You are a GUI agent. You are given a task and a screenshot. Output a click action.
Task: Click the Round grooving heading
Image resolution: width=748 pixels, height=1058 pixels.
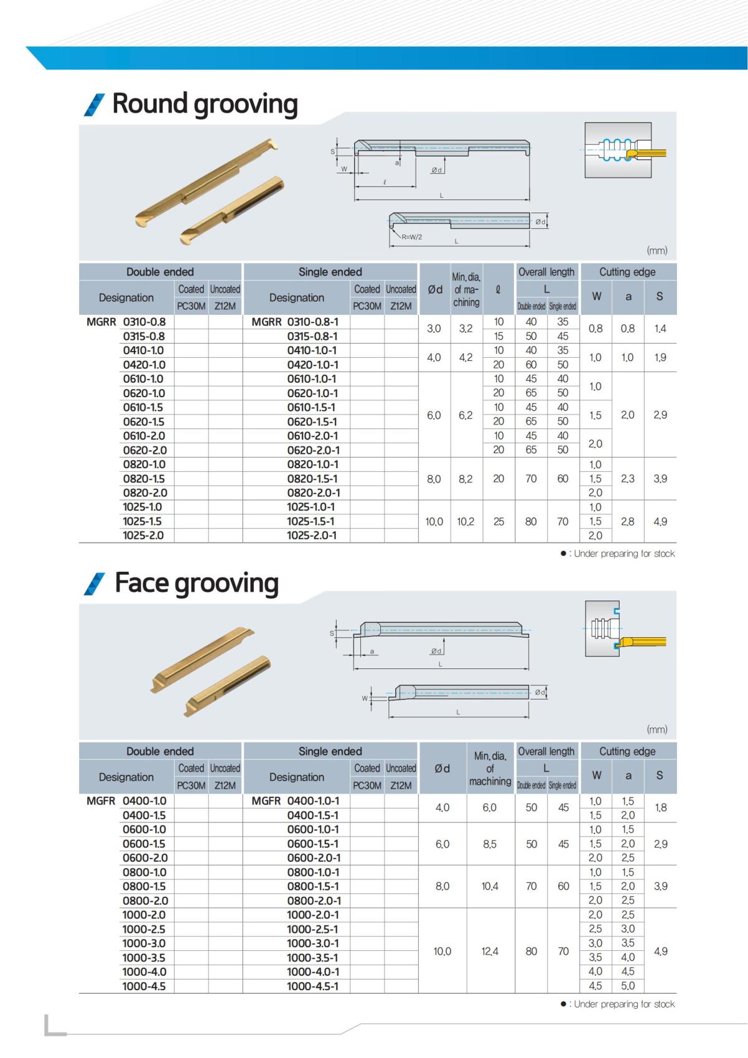pos(204,104)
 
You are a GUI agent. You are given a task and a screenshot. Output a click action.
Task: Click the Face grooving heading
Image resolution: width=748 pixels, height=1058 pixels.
pos(196,584)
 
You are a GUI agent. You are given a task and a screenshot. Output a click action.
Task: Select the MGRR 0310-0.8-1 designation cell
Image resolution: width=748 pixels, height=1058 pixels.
pos(295,322)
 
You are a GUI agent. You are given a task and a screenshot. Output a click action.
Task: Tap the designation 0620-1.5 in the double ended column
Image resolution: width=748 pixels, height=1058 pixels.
pos(143,421)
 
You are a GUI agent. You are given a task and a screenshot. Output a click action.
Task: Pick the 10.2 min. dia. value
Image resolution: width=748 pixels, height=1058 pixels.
pos(466,521)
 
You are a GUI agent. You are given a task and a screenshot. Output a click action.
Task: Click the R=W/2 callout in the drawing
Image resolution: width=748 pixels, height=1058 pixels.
pos(411,237)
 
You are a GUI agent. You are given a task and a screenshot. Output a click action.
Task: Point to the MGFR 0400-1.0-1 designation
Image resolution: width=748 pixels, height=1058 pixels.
pos(295,801)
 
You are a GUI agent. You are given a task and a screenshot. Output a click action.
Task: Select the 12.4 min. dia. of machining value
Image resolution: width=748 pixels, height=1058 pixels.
pos(490,951)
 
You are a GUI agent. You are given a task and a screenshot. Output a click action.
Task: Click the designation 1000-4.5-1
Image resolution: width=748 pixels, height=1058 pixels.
pos(312,986)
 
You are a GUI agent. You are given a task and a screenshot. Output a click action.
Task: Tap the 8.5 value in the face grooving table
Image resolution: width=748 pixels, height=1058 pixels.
pos(490,844)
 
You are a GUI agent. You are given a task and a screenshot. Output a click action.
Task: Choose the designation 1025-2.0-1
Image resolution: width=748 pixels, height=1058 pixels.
pos(312,536)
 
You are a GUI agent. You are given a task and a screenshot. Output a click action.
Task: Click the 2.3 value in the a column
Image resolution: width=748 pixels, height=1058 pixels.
pos(628,479)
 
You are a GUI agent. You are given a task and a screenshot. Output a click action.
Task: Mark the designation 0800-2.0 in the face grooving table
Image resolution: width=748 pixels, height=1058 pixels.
pos(145,901)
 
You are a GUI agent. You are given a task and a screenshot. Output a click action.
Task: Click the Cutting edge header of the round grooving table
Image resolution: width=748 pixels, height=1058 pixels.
pos(627,272)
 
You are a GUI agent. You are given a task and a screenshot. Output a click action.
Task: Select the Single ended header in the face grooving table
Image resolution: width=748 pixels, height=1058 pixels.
pos(330,751)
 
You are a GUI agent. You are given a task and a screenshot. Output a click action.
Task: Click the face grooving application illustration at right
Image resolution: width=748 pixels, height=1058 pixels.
pos(625,629)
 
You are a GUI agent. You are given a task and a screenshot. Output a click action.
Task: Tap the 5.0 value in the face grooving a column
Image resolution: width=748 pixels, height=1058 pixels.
pos(628,986)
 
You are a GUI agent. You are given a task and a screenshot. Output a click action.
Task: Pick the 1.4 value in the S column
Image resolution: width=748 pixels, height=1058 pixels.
pos(660,329)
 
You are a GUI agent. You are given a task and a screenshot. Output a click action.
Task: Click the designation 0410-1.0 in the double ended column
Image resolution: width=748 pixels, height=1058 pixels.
pos(143,350)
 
